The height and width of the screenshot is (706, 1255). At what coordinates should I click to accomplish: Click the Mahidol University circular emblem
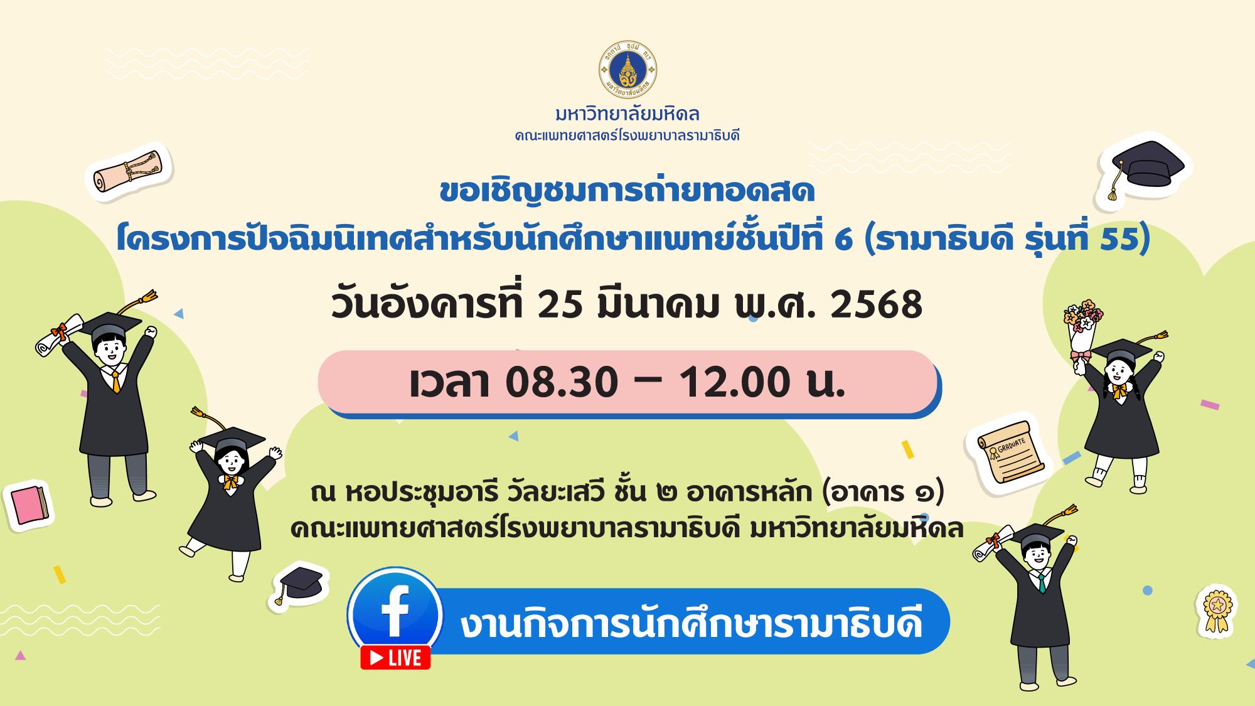(x=627, y=74)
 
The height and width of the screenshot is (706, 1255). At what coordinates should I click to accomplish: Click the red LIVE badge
(x=395, y=657)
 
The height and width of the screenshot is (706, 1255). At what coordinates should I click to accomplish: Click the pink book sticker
(x=29, y=506)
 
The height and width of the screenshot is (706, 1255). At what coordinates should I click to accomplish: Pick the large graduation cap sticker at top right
(x=1147, y=168)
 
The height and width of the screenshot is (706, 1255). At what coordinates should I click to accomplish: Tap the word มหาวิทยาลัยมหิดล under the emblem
(x=627, y=115)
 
